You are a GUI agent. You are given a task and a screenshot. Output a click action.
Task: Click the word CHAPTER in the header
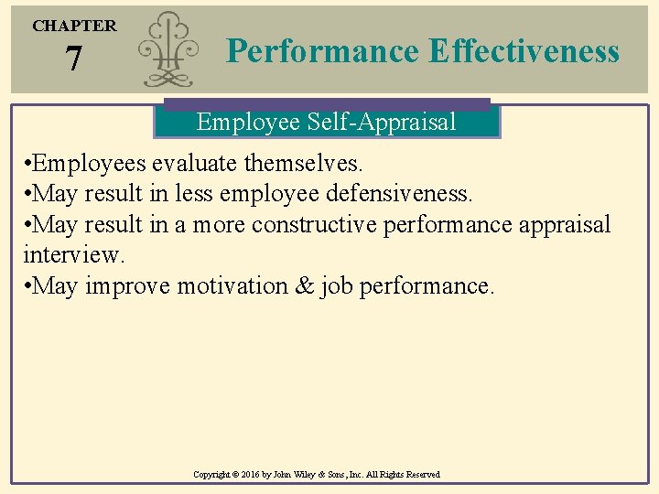click(x=75, y=26)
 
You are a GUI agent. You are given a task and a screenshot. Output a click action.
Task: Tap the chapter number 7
click(x=74, y=59)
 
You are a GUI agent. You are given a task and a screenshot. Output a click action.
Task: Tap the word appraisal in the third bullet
click(x=561, y=224)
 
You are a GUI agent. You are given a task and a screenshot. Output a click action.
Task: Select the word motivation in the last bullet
click(x=232, y=285)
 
